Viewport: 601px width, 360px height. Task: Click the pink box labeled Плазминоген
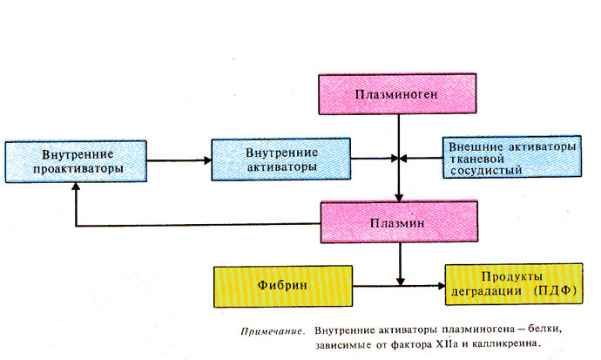click(397, 94)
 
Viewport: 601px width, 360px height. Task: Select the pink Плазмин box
click(399, 222)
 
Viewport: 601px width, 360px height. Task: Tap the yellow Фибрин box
click(283, 286)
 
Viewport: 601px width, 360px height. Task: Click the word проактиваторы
click(78, 169)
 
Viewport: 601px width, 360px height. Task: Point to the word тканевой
click(476, 159)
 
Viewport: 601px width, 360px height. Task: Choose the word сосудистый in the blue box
click(486, 171)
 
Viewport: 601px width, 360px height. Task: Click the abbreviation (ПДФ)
click(555, 290)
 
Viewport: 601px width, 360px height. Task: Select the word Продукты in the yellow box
click(511, 277)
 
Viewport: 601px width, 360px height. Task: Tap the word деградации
click(486, 291)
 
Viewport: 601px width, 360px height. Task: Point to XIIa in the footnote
click(447, 344)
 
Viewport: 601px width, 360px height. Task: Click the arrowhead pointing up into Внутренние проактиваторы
click(76, 187)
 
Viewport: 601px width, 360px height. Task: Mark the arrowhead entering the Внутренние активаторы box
click(208, 160)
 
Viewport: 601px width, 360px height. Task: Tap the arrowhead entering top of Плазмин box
click(399, 198)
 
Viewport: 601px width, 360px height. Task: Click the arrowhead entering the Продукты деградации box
click(441, 286)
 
